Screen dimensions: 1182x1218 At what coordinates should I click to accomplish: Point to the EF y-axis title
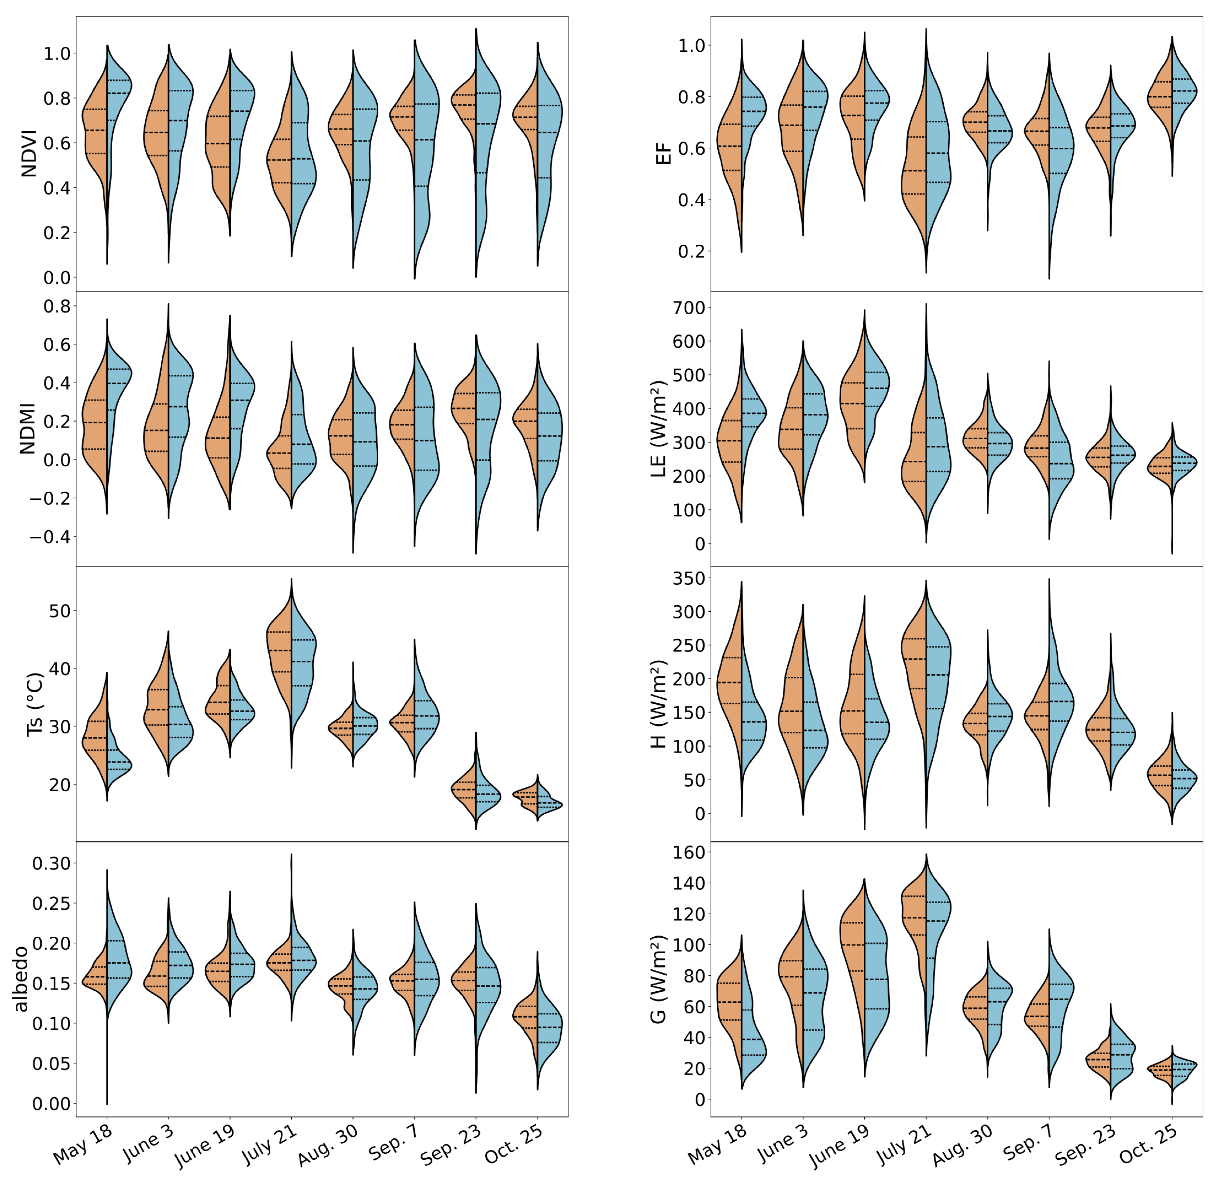[x=664, y=154]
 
